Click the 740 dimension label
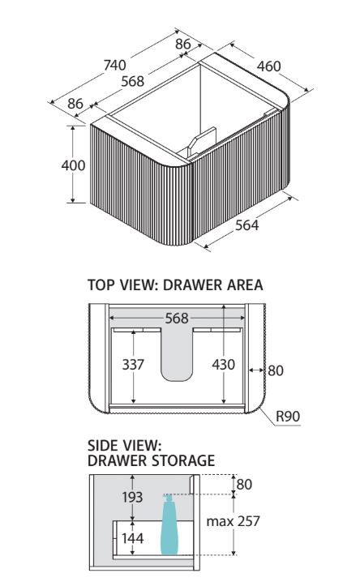click(115, 65)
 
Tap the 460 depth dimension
click(268, 66)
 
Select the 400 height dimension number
click(73, 165)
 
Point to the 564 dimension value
click(246, 225)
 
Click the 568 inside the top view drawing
click(177, 319)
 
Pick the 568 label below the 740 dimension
click(132, 81)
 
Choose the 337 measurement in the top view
click(133, 365)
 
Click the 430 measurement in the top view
click(223, 365)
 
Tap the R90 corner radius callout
click(288, 416)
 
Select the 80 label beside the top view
click(276, 370)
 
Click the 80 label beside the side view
click(244, 485)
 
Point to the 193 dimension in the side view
click(132, 497)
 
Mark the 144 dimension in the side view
click(133, 538)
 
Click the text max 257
click(233, 521)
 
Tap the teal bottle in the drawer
click(169, 524)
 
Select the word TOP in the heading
click(101, 284)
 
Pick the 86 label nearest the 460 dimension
click(183, 44)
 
